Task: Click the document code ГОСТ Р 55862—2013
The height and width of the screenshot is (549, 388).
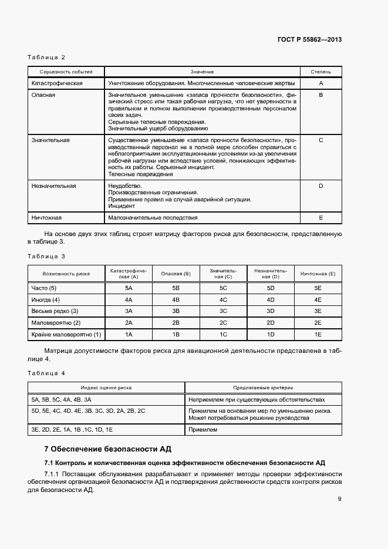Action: tap(309, 40)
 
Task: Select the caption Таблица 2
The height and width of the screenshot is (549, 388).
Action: tap(46, 57)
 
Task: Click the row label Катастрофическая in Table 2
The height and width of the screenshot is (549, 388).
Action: tap(56, 83)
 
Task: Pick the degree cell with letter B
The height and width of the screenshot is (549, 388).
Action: tap(320, 95)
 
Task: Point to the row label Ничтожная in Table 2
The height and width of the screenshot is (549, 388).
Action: tap(46, 217)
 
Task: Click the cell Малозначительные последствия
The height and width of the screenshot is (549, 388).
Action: tap(153, 217)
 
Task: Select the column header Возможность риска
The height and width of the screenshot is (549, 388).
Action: tap(66, 274)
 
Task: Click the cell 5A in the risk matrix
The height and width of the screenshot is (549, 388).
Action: tap(129, 288)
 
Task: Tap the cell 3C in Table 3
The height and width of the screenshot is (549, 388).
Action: tap(223, 311)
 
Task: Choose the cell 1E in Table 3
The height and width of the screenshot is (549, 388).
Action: tap(318, 334)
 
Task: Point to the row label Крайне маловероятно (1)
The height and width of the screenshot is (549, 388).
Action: tap(66, 334)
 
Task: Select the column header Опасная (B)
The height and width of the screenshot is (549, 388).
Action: tap(176, 274)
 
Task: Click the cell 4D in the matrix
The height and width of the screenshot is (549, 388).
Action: tap(271, 299)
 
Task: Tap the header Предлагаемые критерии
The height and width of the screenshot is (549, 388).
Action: tap(263, 388)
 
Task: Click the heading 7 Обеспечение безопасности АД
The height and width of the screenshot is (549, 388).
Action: tap(107, 449)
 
